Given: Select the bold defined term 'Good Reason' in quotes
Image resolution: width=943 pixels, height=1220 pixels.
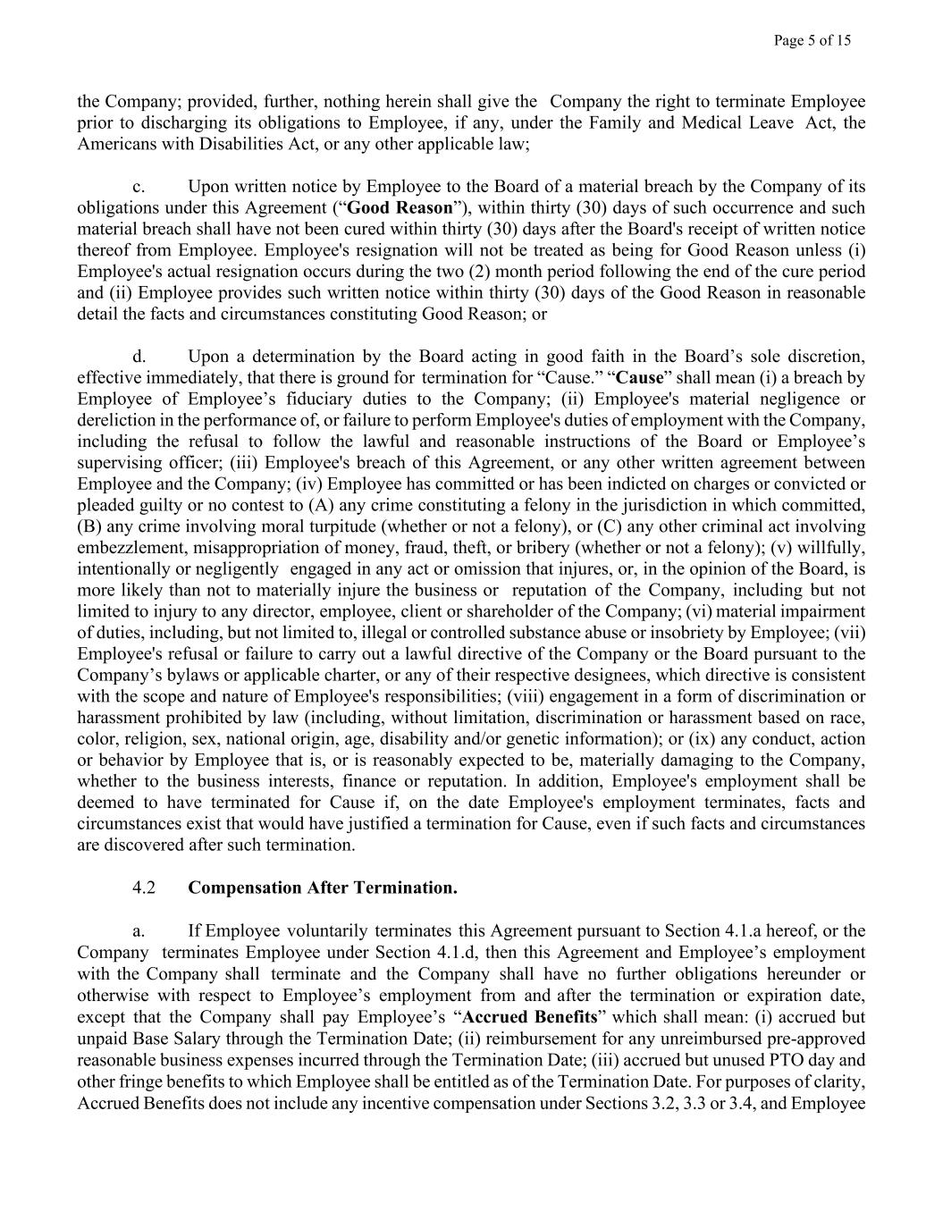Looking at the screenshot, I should click(x=400, y=208).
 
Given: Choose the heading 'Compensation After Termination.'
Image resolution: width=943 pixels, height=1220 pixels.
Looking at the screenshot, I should click(x=323, y=888).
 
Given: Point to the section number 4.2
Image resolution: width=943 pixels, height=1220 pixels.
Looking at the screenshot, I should click(x=144, y=888).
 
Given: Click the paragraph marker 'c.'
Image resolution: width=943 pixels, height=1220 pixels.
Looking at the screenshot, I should click(x=139, y=187).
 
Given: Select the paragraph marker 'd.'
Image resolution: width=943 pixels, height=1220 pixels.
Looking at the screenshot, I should click(x=139, y=357).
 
